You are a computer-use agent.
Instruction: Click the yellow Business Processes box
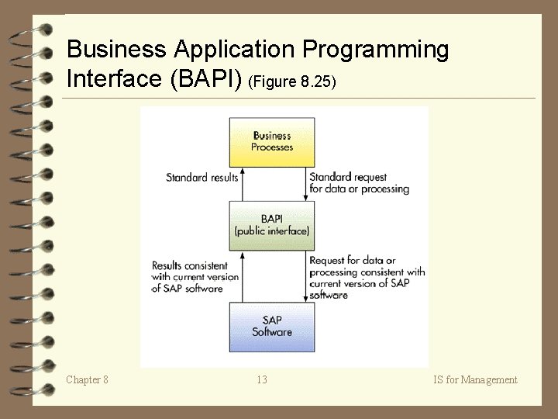pyautogui.click(x=271, y=141)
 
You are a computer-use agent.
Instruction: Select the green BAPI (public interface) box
pyautogui.click(x=271, y=225)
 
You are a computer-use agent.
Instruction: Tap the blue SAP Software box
pyautogui.click(x=271, y=326)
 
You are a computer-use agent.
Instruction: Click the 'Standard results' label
pyautogui.click(x=202, y=178)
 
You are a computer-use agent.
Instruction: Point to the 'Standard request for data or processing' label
pyautogui.click(x=359, y=183)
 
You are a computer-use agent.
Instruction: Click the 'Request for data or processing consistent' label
pyautogui.click(x=367, y=278)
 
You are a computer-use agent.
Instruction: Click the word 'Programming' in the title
pyautogui.click(x=375, y=50)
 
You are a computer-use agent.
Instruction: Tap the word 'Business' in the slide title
pyautogui.click(x=116, y=50)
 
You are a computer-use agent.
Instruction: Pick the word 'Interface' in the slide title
pyautogui.click(x=115, y=78)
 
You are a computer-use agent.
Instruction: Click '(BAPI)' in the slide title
pyautogui.click(x=208, y=78)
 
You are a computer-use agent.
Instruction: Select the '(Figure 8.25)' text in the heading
pyautogui.click(x=292, y=81)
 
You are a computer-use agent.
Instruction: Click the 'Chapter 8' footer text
pyautogui.click(x=87, y=379)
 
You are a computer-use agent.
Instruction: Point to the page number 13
pyautogui.click(x=262, y=379)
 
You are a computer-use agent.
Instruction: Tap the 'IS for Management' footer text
pyautogui.click(x=476, y=379)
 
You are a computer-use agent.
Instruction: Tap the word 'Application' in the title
pyautogui.click(x=234, y=50)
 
